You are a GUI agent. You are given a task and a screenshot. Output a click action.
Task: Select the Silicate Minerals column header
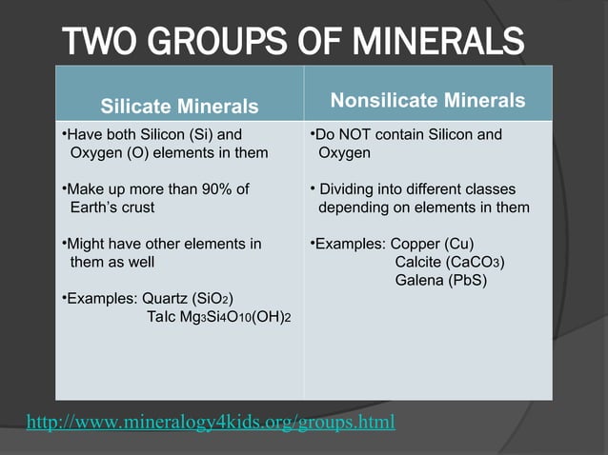[180, 106]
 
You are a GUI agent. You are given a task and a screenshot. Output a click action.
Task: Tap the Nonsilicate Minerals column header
[428, 101]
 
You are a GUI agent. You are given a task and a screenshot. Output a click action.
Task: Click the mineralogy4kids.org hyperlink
[210, 421]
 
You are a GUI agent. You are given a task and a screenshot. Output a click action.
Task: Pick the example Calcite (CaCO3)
[450, 262]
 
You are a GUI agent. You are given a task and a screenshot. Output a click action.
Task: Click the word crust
[138, 207]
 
